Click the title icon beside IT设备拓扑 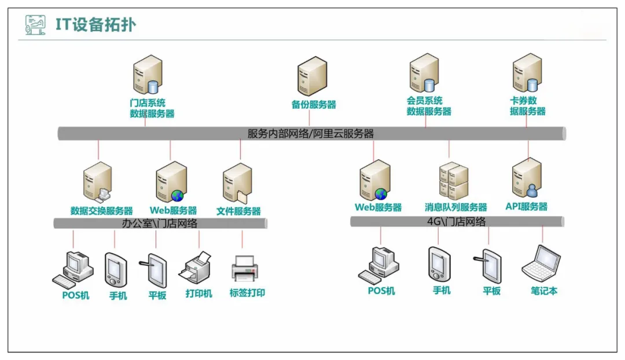pyautogui.click(x=35, y=25)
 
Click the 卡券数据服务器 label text pyautogui.click(x=527, y=106)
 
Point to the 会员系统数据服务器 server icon pyautogui.click(x=424, y=75)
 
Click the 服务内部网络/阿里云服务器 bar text pyautogui.click(x=311, y=134)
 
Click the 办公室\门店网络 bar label pyautogui.click(x=160, y=223)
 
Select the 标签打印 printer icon pyautogui.click(x=247, y=269)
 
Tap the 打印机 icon pyautogui.click(x=198, y=268)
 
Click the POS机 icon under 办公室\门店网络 pyautogui.click(x=73, y=269)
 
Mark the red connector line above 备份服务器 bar pyautogui.click(x=310, y=118)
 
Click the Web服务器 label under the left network pyautogui.click(x=173, y=211)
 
